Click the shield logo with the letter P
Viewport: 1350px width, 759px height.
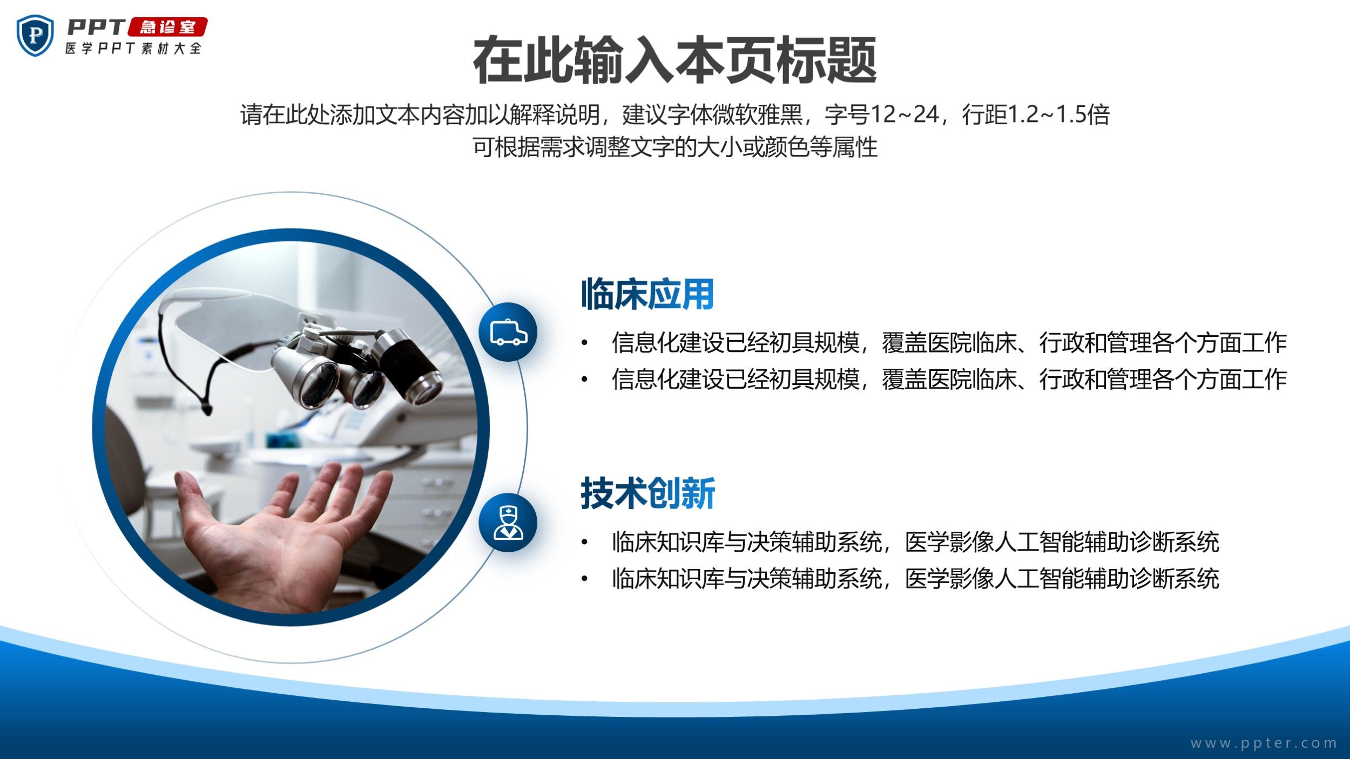click(36, 36)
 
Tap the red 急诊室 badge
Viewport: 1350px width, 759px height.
click(167, 27)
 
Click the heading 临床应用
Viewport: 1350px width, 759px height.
click(647, 294)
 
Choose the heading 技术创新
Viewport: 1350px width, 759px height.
click(647, 493)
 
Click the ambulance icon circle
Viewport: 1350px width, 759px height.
click(508, 332)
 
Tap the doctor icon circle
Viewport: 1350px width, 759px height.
click(508, 523)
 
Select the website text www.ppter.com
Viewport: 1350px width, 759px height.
click(1264, 743)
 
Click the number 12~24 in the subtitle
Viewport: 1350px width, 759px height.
click(905, 115)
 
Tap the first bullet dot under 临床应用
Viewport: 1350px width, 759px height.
click(584, 343)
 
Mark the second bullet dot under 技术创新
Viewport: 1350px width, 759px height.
click(584, 579)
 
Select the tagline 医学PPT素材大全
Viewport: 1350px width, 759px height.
click(133, 48)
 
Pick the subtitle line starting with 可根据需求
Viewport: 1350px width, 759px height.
click(675, 147)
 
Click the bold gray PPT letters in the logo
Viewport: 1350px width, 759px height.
click(96, 27)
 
